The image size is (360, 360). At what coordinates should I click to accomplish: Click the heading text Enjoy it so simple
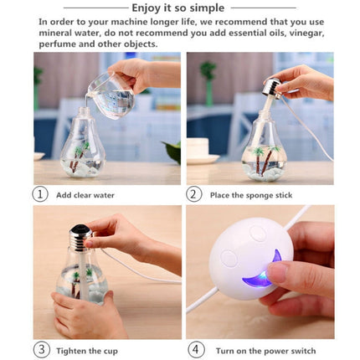pos(181,7)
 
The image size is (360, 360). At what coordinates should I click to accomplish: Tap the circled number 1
pos(40,194)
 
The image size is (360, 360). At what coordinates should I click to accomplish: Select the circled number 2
pos(193,194)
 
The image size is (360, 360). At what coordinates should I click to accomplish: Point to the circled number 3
pos(40,348)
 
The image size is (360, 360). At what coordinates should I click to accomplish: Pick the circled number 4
pos(193,348)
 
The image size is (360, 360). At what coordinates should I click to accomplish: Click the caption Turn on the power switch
pos(266,348)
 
